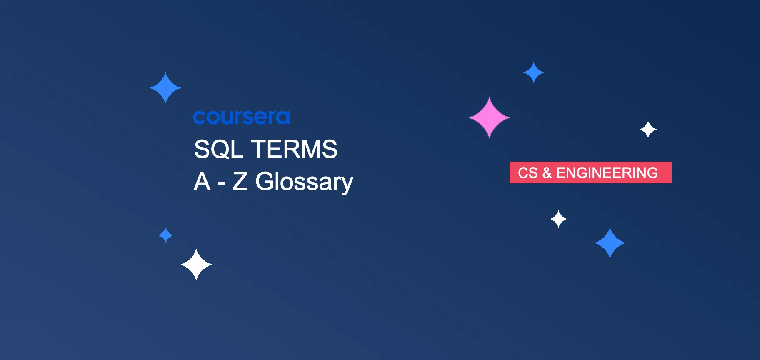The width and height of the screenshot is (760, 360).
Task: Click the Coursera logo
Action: pyautogui.click(x=241, y=117)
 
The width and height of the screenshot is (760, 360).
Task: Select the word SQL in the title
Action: pyautogui.click(x=218, y=149)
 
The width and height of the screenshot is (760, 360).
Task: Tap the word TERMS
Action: pyautogui.click(x=295, y=149)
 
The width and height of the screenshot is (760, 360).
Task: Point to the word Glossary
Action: pyautogui.click(x=304, y=182)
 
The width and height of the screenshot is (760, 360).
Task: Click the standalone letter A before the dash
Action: pyautogui.click(x=202, y=182)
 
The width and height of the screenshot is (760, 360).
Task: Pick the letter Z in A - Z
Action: pyautogui.click(x=240, y=182)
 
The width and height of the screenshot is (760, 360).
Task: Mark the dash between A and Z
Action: pyautogui.click(x=221, y=183)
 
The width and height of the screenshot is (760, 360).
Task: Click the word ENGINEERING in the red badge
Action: pyautogui.click(x=607, y=172)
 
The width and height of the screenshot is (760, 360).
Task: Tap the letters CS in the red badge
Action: pyautogui.click(x=527, y=172)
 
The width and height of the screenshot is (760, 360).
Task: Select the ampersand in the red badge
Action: pyautogui.click(x=547, y=172)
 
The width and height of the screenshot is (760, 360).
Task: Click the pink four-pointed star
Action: pyautogui.click(x=489, y=117)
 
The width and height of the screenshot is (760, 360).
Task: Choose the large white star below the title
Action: pyautogui.click(x=196, y=265)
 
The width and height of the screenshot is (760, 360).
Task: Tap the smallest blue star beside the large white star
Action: pyautogui.click(x=165, y=235)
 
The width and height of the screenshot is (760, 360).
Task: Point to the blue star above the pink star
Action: pyautogui.click(x=533, y=72)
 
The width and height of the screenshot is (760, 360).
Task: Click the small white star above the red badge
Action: pyautogui.click(x=648, y=130)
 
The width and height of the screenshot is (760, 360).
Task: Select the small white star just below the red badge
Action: pyautogui.click(x=558, y=219)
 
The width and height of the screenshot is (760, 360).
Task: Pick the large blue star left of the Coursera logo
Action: pyautogui.click(x=165, y=88)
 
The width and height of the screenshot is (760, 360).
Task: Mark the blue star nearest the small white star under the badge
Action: pyautogui.click(x=610, y=243)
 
